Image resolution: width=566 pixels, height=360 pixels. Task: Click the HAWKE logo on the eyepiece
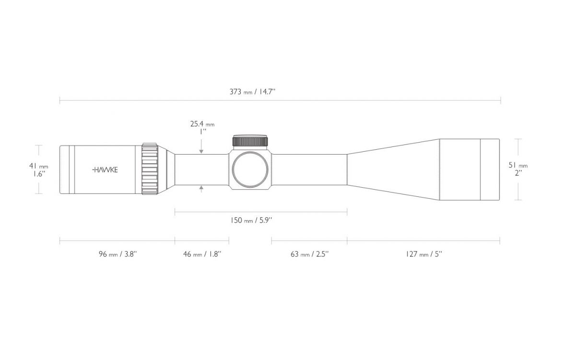coord(105,170)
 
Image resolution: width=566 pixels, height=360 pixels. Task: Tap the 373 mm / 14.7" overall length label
coord(253,91)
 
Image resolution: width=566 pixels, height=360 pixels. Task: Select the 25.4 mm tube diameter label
coord(202,124)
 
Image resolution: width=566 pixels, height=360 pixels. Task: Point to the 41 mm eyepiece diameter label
coord(39,166)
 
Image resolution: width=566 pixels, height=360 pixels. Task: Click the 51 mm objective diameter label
coord(518,165)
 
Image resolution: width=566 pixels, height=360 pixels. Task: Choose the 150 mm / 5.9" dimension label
coord(251,220)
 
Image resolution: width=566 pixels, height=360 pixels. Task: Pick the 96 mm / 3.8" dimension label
coord(118,254)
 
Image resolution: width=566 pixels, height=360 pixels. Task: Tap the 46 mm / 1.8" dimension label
coord(202,254)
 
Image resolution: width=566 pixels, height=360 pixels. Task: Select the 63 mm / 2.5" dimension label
coord(310,254)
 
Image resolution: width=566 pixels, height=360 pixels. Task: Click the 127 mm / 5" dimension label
coord(424,254)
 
